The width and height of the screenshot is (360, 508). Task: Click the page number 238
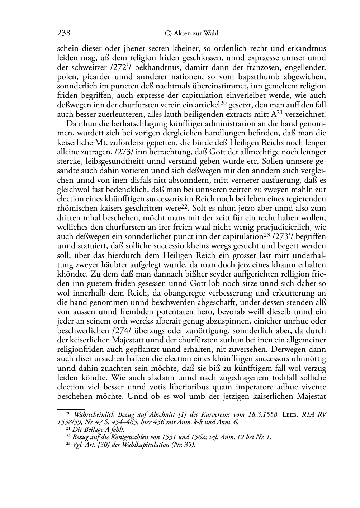[x=63, y=33]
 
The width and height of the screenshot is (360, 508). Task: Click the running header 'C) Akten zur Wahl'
[x=191, y=34]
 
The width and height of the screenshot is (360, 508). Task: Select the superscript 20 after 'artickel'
[x=224, y=103]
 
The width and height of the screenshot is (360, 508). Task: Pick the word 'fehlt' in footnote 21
[x=118, y=430]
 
